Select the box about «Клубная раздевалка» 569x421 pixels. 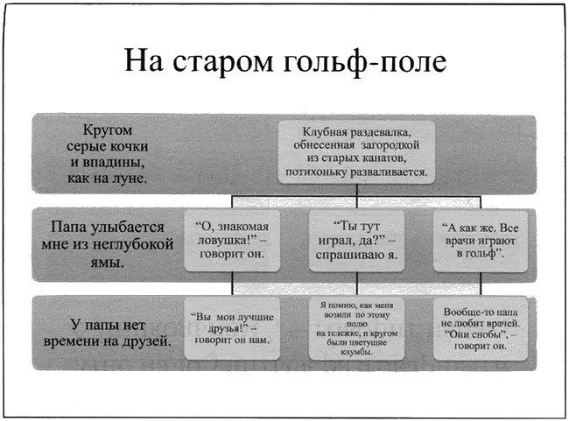click(356, 150)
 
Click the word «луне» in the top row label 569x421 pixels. click(130, 178)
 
